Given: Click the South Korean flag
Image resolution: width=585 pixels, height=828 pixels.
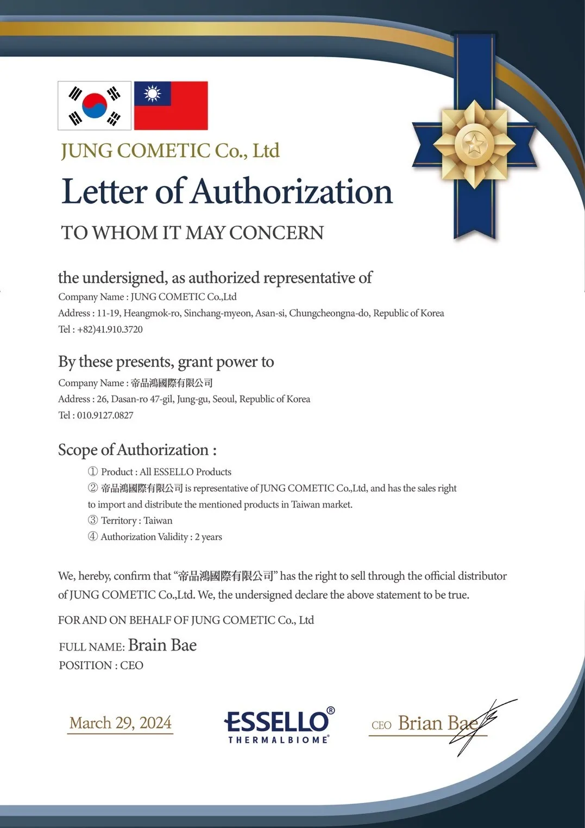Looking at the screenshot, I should [95, 105].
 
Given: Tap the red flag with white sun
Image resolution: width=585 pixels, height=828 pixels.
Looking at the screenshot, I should [171, 105].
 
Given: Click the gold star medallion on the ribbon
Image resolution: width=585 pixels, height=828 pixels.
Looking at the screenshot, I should [474, 145].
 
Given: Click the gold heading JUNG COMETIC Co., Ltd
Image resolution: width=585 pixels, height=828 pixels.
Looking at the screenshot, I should [170, 151].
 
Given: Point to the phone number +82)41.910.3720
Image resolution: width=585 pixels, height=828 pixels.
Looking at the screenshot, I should [110, 329].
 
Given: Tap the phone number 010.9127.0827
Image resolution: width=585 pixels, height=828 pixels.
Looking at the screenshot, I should [105, 415].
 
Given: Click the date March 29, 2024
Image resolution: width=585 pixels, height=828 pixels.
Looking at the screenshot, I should [120, 723].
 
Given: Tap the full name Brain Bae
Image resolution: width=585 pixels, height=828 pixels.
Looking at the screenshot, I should [162, 645].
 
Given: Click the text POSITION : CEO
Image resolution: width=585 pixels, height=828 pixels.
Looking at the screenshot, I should [101, 665].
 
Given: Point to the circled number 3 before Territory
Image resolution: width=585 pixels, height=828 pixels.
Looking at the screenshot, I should [93, 520].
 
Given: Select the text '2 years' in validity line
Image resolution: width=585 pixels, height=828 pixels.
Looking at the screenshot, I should [209, 537].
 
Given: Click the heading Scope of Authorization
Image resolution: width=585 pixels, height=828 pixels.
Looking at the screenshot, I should [137, 450].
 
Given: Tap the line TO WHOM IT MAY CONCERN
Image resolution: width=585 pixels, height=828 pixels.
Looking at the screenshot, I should [192, 233].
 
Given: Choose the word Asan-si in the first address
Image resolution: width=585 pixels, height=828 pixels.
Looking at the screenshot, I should [270, 313].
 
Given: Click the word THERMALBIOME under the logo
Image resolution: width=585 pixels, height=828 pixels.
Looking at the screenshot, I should [278, 740].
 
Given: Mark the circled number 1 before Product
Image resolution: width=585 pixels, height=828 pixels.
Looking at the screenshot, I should [93, 472].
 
